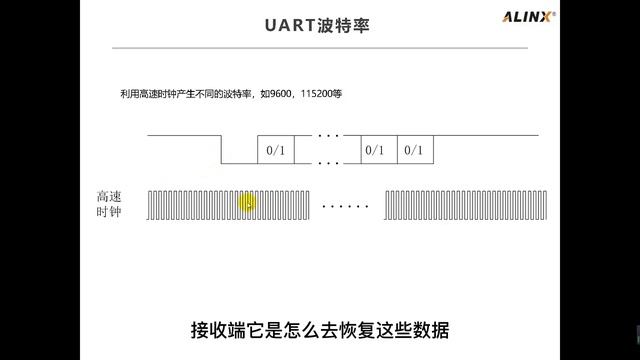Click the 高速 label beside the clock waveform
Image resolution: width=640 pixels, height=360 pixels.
108,197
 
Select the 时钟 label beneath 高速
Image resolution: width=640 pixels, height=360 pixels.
108,213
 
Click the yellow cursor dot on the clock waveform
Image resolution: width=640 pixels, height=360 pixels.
248,204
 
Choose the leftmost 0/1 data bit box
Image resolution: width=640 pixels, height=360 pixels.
274,150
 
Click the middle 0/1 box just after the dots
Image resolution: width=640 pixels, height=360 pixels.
375,150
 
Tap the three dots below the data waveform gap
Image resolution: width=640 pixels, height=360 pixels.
328,161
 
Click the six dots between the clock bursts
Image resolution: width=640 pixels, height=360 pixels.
346,206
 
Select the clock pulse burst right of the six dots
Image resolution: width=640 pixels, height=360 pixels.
460,204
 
